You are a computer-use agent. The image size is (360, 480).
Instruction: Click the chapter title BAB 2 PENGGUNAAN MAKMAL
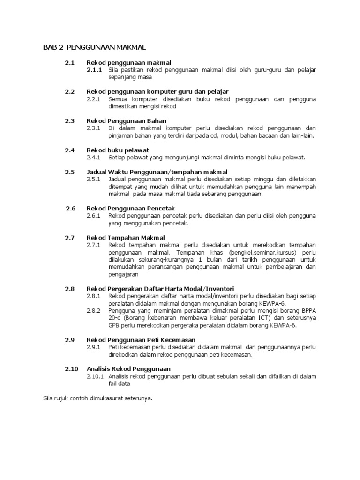pyautogui.click(x=95, y=47)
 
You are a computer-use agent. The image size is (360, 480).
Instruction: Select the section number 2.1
pyautogui.click(x=70, y=62)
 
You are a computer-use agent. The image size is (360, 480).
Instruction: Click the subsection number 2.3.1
pyautogui.click(x=94, y=128)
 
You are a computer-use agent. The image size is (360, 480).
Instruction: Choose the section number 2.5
pyautogui.click(x=70, y=172)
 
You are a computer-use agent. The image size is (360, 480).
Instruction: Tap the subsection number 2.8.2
pyautogui.click(x=94, y=310)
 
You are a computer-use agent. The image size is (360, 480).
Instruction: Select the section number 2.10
pyautogui.click(x=71, y=369)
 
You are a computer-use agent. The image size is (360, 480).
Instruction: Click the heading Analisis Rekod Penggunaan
pyautogui.click(x=129, y=369)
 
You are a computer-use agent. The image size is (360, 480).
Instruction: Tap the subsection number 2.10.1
pyautogui.click(x=95, y=376)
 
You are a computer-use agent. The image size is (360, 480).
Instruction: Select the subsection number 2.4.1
pyautogui.click(x=94, y=157)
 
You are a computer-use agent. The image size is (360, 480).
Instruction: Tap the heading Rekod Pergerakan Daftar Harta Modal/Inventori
pyautogui.click(x=160, y=289)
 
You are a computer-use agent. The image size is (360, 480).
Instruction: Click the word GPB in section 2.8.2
pyautogui.click(x=114, y=325)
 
